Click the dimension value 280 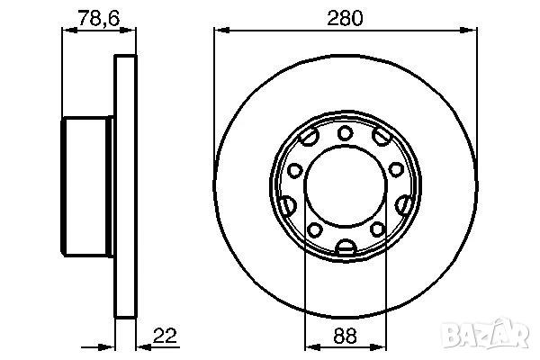(x=345, y=17)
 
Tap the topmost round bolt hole (x=345, y=134)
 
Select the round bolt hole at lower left (x=316, y=231)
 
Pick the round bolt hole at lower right (x=373, y=231)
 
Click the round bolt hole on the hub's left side (x=293, y=168)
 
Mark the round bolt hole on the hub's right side (x=396, y=168)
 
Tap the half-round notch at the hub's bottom (x=345, y=247)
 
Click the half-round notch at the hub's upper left (x=307, y=139)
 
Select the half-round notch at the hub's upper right (x=382, y=139)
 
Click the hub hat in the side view (x=88, y=187)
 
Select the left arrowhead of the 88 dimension (x=310, y=346)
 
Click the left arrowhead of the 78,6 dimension (x=66, y=30)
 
